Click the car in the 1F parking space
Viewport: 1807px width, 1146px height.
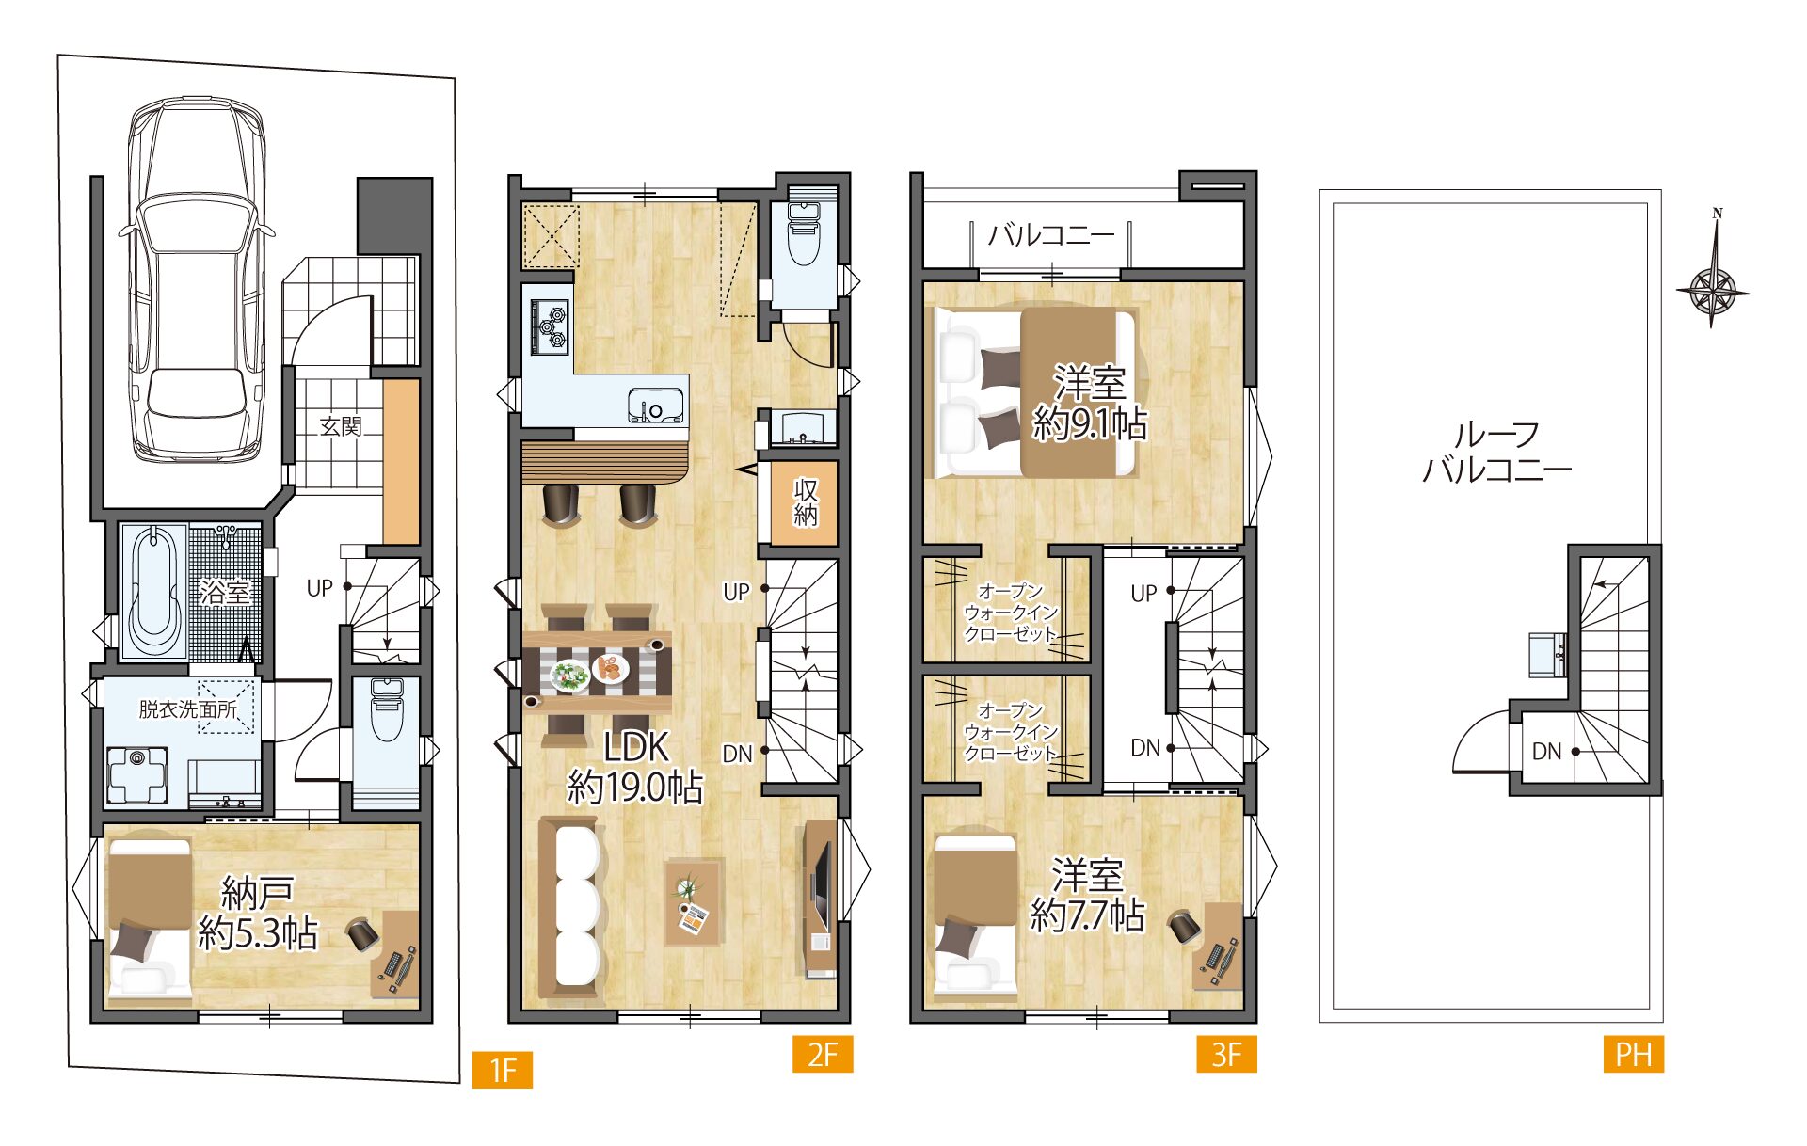[196, 279]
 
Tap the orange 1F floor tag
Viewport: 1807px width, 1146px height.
[503, 1070]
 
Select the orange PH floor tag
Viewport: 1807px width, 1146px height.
[1634, 1054]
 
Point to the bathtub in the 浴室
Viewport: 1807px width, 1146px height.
[153, 591]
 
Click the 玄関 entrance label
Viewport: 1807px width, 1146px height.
[341, 426]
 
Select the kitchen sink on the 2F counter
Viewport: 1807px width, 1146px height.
[656, 405]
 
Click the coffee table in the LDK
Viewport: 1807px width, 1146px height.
[696, 901]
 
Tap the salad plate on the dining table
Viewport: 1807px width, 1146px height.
[569, 676]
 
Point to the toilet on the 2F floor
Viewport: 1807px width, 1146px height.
[803, 234]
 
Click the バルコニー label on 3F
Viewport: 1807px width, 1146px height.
[1051, 234]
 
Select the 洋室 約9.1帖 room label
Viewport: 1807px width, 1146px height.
[1090, 404]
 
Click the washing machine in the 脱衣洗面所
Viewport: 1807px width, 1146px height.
[137, 774]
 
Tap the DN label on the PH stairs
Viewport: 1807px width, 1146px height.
[1546, 751]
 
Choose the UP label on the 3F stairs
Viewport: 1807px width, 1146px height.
[1143, 594]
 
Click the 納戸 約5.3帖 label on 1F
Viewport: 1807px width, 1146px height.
[258, 913]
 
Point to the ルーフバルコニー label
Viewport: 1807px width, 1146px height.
[1496, 452]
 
